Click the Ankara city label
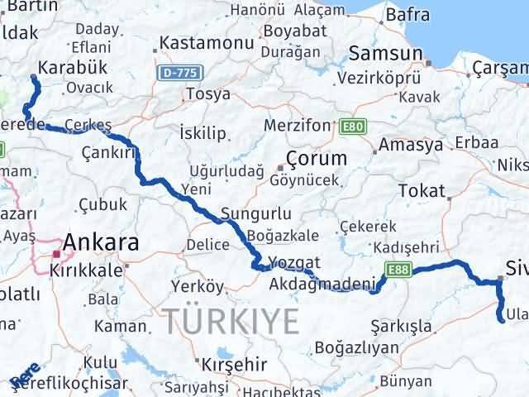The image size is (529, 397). [x=102, y=242]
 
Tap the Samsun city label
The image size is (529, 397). [x=385, y=54]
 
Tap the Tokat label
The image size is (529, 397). [x=421, y=191]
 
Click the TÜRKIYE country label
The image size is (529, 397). [x=231, y=318]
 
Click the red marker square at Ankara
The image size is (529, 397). [x=56, y=253]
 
